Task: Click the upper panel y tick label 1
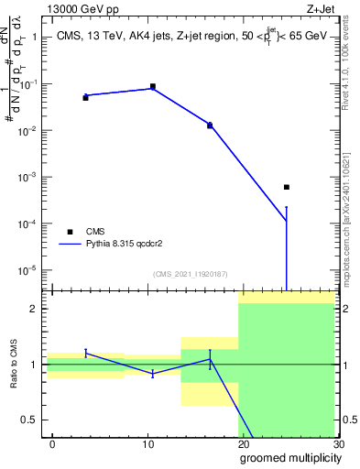tap(35, 38)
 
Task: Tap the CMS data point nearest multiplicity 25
tap(287, 187)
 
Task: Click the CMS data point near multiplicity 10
tap(152, 86)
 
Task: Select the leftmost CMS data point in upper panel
tap(85, 97)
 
